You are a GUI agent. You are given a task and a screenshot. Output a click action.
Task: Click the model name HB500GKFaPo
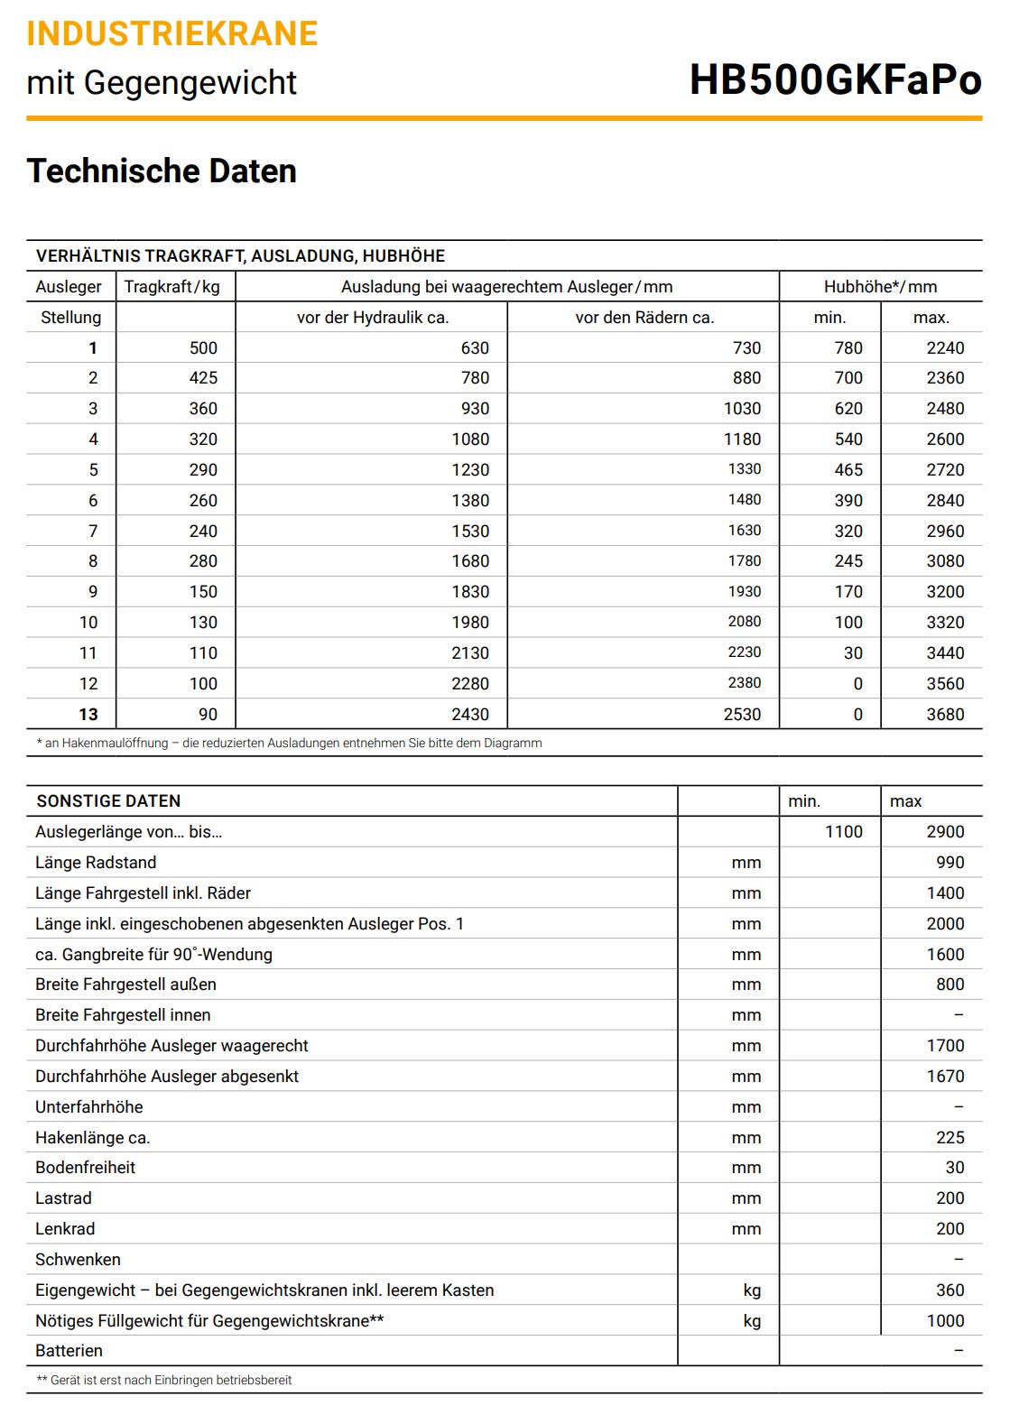tap(835, 80)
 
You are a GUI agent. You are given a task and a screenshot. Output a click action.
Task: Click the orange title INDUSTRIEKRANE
tap(172, 33)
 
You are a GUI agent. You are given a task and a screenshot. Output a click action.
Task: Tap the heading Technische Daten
tap(162, 171)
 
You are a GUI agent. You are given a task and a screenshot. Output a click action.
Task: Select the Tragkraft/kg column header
tap(171, 287)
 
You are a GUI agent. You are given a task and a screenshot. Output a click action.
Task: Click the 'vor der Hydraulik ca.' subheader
tap(372, 318)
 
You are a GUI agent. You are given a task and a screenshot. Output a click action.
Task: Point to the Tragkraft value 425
tap(203, 378)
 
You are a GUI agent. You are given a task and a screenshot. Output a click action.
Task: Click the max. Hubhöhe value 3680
tap(945, 715)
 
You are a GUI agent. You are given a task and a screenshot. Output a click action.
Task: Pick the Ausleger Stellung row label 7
tap(92, 532)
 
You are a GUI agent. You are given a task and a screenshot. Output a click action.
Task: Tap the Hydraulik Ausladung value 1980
tap(470, 623)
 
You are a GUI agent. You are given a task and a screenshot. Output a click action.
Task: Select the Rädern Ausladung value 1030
tap(742, 409)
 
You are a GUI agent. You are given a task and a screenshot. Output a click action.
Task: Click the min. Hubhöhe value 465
tap(848, 470)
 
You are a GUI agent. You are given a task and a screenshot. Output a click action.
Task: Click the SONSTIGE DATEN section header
tap(108, 801)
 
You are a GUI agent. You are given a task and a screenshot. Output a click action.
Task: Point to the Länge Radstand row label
tap(96, 863)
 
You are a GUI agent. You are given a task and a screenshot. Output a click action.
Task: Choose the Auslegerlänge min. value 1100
tap(843, 832)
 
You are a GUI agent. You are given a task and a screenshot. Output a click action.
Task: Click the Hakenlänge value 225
tap(950, 1138)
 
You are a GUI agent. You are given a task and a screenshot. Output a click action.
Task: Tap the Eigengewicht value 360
tap(950, 1290)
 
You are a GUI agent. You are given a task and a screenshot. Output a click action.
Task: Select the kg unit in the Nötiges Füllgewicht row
tap(752, 1321)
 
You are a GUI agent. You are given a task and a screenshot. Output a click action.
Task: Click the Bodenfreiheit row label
tap(85, 1168)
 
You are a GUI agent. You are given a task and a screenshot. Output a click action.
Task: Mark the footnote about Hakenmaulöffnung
tap(289, 744)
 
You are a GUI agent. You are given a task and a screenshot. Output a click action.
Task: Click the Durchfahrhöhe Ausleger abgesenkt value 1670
tap(945, 1077)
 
